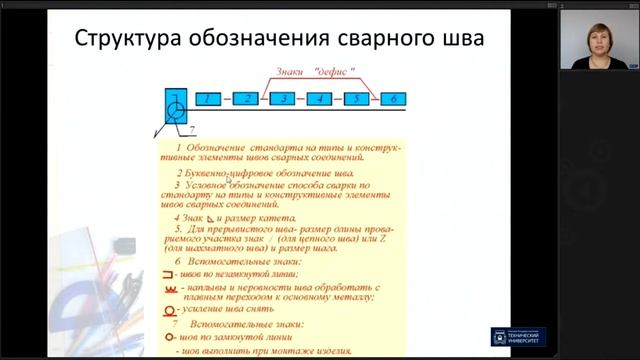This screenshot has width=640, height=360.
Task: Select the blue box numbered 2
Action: tap(246, 99)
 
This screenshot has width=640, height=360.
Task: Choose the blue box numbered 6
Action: tap(392, 99)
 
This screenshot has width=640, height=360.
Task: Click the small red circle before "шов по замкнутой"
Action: tap(168, 338)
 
